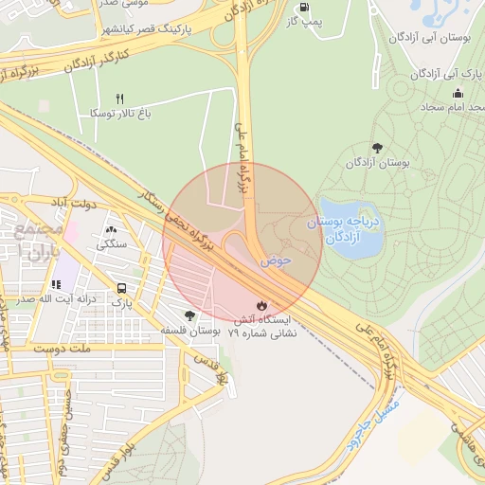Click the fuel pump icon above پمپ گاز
[x=303, y=6]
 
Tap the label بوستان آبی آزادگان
[x=433, y=39]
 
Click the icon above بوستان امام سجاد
[x=458, y=93]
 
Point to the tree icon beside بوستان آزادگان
[x=378, y=147]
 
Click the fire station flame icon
[x=260, y=305]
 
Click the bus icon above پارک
[x=121, y=288]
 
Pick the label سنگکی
[x=111, y=243]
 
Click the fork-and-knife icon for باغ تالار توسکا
[x=119, y=98]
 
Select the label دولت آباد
[x=71, y=202]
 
